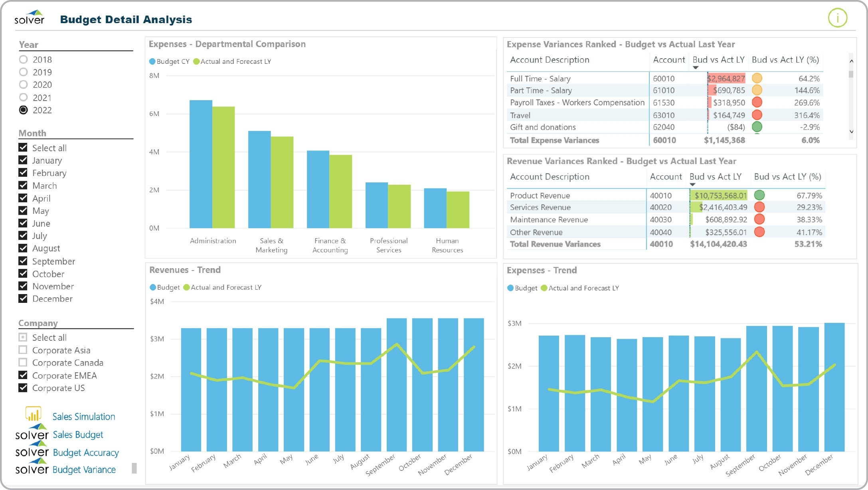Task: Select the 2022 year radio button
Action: (x=24, y=110)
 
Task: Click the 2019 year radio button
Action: (x=24, y=72)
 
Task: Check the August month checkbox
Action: (x=23, y=248)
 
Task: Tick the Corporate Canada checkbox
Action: (x=23, y=363)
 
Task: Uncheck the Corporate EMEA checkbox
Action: (x=23, y=375)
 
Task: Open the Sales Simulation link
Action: (x=83, y=417)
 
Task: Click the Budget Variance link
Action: (x=84, y=470)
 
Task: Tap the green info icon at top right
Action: (x=837, y=18)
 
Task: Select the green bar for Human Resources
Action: (x=458, y=210)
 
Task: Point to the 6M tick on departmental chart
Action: (x=154, y=114)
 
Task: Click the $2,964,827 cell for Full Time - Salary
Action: (x=726, y=79)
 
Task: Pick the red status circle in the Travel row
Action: (x=757, y=115)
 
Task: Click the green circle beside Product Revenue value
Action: (x=759, y=195)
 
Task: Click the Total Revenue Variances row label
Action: (x=555, y=244)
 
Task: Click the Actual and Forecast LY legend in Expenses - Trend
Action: (x=583, y=288)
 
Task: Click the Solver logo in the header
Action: (x=30, y=18)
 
